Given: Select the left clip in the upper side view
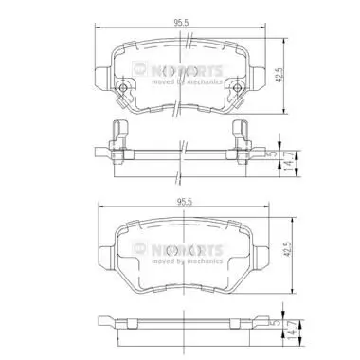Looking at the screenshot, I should [x=117, y=135].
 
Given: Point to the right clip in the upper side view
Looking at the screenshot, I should [x=239, y=135].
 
